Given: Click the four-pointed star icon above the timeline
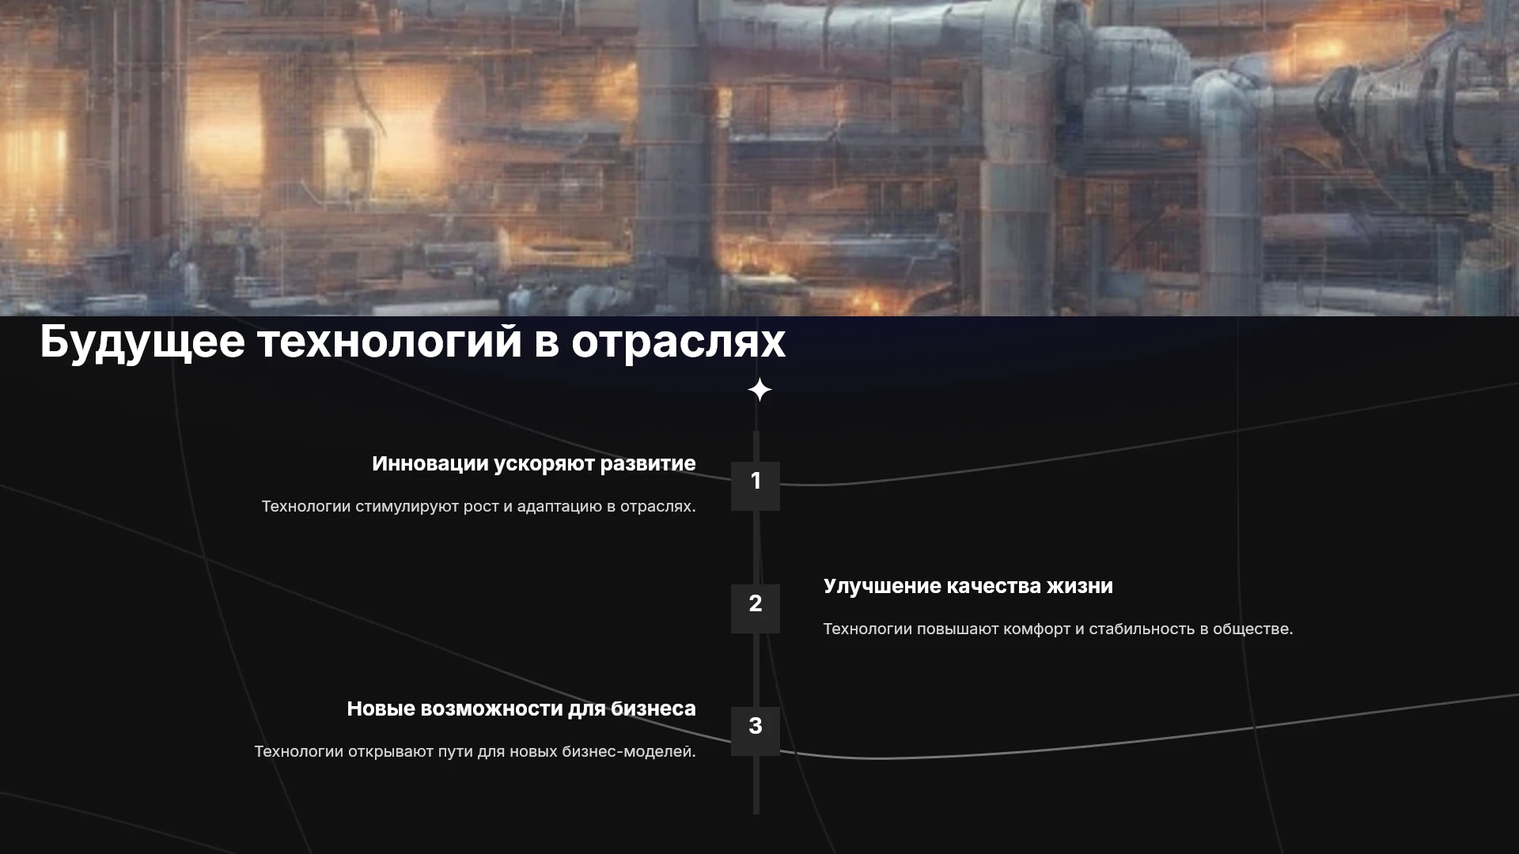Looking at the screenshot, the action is coord(759,390).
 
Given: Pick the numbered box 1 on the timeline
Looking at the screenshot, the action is coord(756,486).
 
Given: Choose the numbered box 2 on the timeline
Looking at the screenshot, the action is coord(756,609).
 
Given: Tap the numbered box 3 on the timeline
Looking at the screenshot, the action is coord(756,731).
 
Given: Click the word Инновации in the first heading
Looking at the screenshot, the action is coord(430,463).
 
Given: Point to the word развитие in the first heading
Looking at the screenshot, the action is coord(648,464).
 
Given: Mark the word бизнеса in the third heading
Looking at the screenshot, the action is coord(653,709).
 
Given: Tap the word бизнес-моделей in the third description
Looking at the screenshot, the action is coord(629,751).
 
